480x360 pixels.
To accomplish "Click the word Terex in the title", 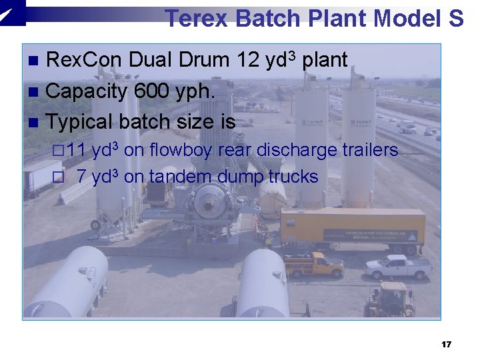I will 197,18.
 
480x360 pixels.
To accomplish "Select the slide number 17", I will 447,345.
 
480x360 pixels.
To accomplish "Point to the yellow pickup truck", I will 314,265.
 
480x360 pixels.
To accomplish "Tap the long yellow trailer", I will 353,229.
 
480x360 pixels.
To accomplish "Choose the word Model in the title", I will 405,18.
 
